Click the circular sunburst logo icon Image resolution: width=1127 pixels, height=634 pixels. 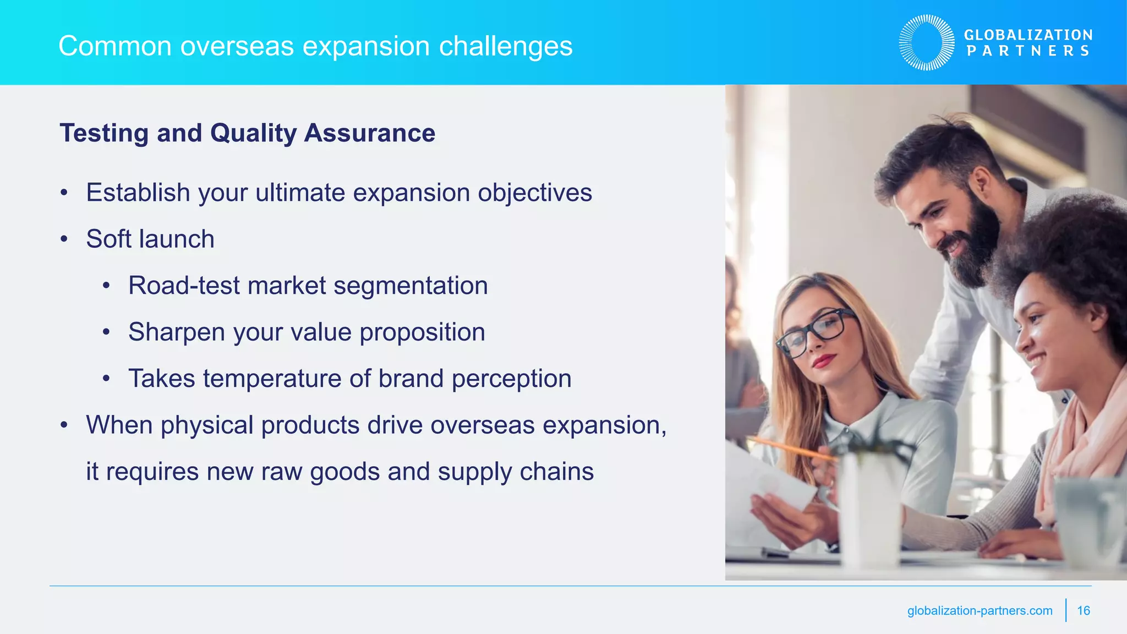coord(927,42)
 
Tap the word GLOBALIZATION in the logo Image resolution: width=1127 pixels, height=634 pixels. coord(1028,35)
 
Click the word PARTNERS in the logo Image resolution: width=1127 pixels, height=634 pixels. coord(1028,51)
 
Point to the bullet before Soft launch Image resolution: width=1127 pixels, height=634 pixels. coord(64,239)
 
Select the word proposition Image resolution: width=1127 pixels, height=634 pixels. coord(422,332)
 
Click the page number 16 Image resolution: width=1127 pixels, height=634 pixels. coord(1083,610)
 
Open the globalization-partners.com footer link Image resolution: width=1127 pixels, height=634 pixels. coord(980,610)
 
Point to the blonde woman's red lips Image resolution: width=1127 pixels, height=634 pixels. coord(824,361)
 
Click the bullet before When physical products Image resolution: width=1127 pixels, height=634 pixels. coord(64,425)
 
